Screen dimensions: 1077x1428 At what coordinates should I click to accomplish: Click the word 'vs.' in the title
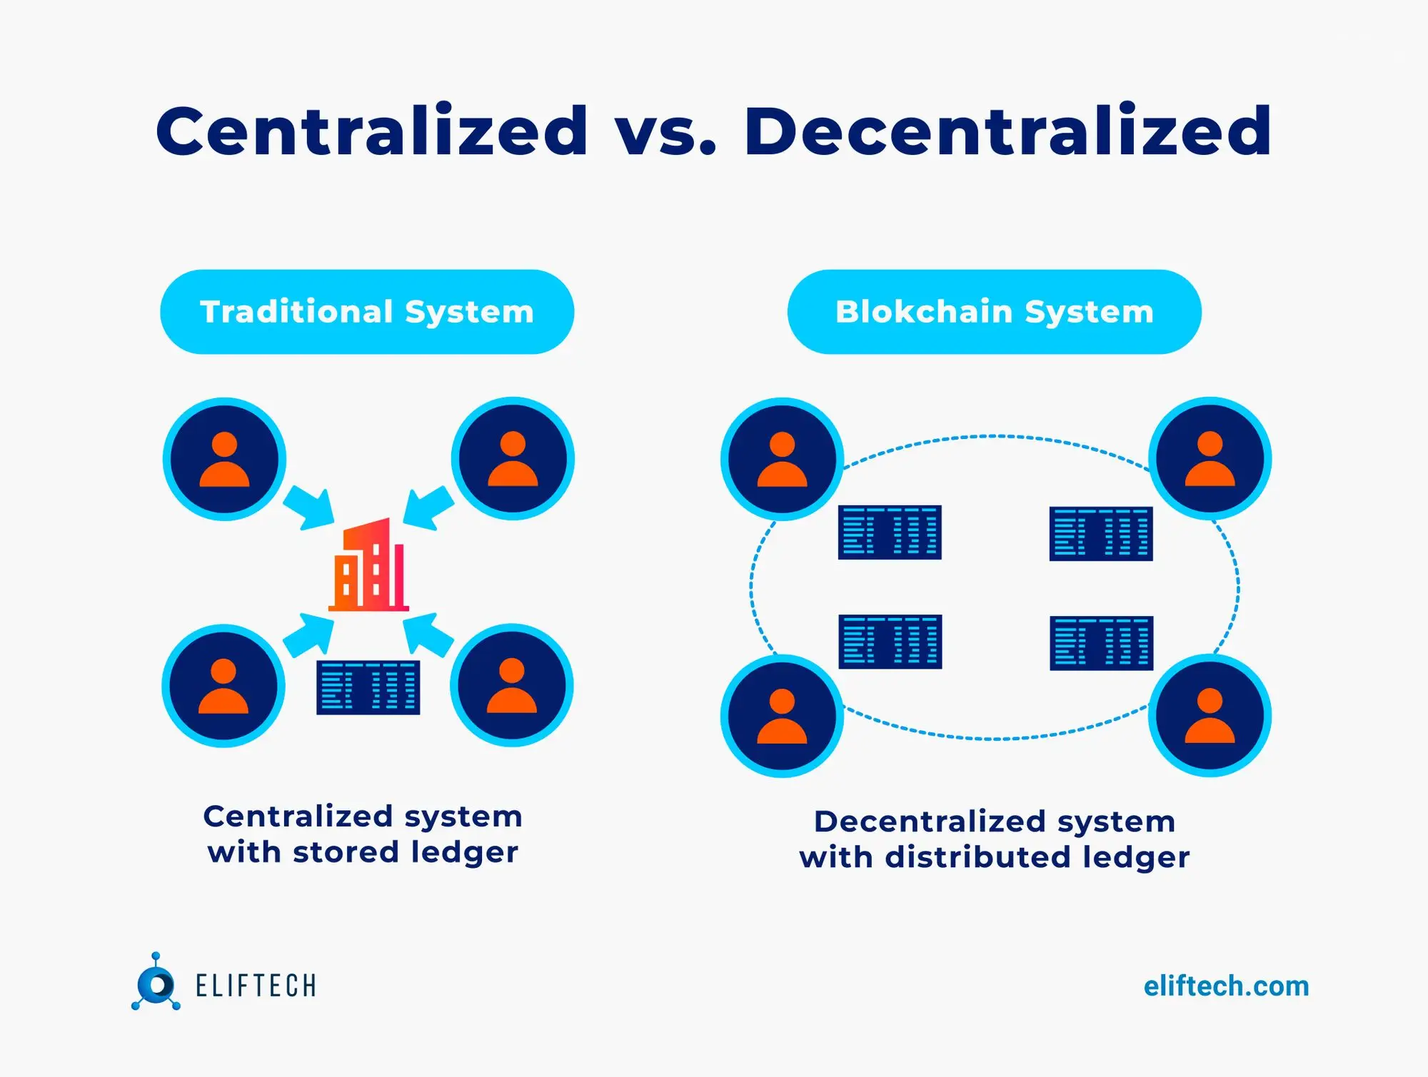click(665, 132)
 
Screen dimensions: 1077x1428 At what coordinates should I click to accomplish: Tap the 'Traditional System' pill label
click(367, 312)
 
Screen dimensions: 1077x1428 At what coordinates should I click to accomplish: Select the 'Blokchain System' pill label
click(994, 312)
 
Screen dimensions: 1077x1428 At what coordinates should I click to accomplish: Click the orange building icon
click(369, 565)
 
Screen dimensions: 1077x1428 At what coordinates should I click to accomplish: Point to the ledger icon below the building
click(368, 688)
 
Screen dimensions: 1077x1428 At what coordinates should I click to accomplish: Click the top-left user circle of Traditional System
click(225, 459)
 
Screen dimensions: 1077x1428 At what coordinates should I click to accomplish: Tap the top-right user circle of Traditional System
click(513, 459)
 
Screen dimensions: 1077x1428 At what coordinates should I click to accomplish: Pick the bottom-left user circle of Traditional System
click(223, 686)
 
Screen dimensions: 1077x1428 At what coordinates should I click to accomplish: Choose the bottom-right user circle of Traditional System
click(511, 686)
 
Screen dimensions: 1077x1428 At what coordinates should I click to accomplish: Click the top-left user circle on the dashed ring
click(782, 459)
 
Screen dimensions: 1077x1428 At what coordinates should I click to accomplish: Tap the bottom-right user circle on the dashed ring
click(1210, 715)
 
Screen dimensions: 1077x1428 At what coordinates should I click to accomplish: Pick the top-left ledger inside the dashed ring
click(890, 532)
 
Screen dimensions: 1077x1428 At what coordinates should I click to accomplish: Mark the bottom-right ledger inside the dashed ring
click(1101, 643)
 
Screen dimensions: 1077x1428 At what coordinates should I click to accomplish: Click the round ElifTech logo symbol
click(156, 985)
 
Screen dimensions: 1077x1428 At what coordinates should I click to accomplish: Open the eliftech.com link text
click(1226, 986)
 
